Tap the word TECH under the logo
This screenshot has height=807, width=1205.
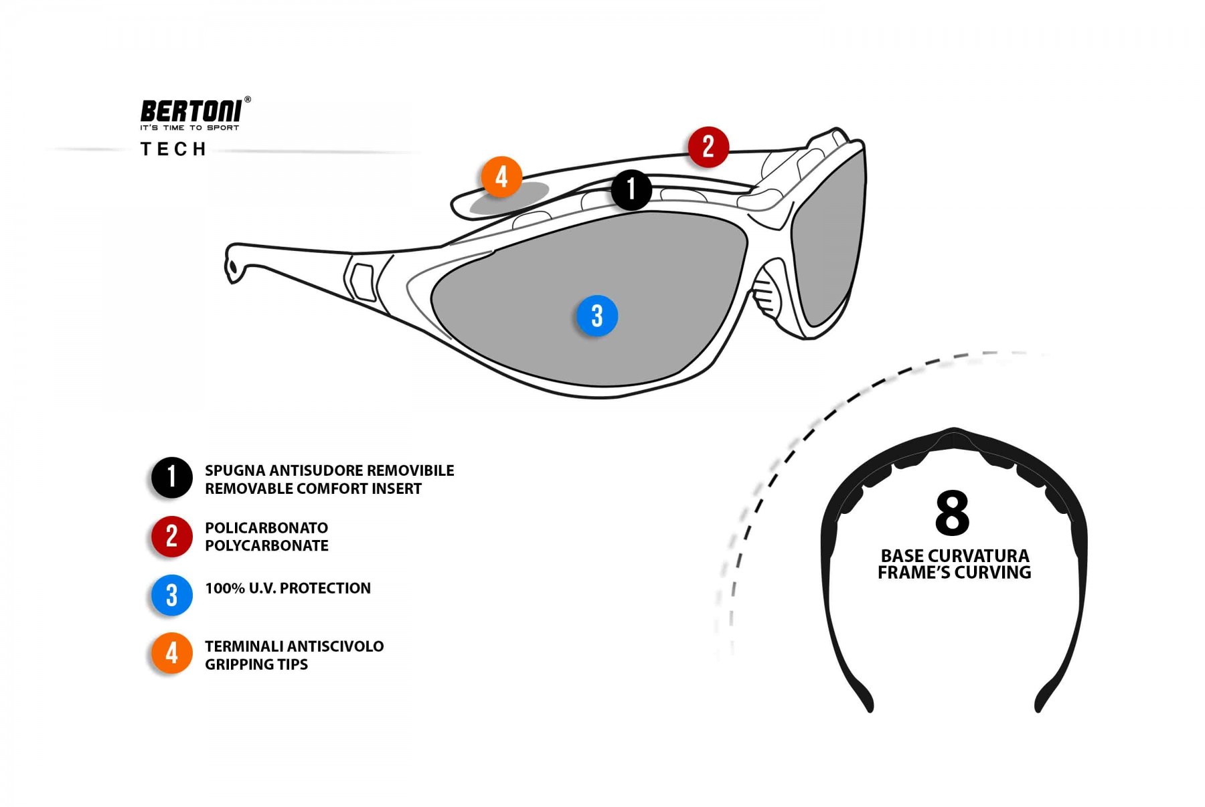[x=173, y=149]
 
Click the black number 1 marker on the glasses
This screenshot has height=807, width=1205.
[x=631, y=190]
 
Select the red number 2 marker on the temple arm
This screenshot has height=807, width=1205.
[x=708, y=147]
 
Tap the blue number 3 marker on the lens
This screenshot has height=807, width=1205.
[x=596, y=316]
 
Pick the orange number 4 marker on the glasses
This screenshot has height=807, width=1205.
[x=501, y=177]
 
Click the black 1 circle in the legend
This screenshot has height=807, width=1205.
[x=171, y=478]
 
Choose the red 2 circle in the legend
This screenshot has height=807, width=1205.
[x=171, y=537]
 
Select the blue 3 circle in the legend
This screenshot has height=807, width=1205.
[x=171, y=595]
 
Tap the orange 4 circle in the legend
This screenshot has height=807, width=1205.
[x=171, y=653]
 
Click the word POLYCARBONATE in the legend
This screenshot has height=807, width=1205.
[x=266, y=546]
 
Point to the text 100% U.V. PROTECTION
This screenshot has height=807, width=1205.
[x=288, y=588]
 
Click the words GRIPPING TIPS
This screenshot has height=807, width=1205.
[x=256, y=664]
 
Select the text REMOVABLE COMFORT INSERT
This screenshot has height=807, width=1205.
[x=313, y=489]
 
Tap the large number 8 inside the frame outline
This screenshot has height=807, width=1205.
[x=952, y=513]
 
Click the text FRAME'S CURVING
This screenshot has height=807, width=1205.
[x=954, y=573]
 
